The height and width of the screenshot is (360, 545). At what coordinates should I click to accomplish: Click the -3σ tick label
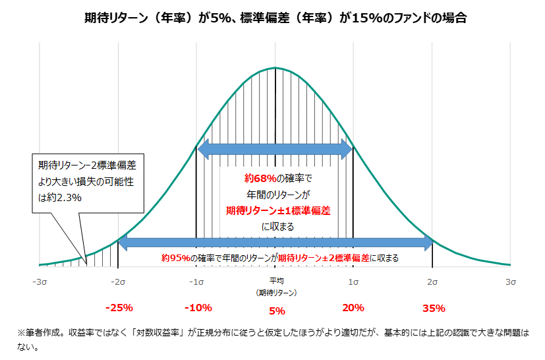tap(40, 282)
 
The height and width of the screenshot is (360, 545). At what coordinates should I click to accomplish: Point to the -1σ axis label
tap(196, 282)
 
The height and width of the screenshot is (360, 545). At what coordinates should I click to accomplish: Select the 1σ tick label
tap(354, 282)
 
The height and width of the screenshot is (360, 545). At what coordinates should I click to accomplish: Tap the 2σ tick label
tap(432, 282)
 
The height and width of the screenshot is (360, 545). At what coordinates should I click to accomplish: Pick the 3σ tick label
tap(511, 282)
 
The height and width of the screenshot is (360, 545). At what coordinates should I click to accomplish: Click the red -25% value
tap(119, 308)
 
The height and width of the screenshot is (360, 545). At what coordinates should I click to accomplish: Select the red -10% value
tap(198, 308)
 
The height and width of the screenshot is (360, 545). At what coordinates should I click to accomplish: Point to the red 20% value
tap(354, 308)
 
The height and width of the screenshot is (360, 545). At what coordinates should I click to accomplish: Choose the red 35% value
tap(434, 308)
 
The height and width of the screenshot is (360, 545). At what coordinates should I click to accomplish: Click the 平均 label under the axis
tap(276, 281)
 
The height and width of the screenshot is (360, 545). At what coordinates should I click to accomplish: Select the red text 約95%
tap(176, 258)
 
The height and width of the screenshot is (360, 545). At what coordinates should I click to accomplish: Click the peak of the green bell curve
tap(276, 68)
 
